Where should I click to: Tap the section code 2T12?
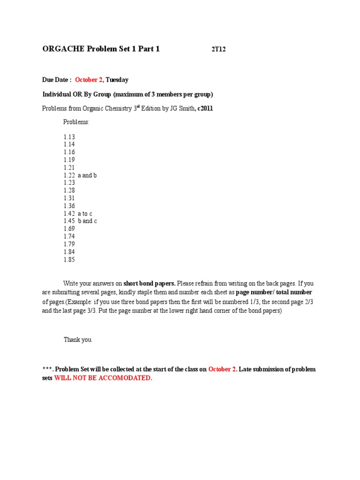218,49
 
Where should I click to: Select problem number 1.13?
69,137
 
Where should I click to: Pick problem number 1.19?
69,160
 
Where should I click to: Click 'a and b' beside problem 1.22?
87,175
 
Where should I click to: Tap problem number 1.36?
69,206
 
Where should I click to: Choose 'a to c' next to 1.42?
85,213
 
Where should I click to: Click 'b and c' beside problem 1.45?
87,221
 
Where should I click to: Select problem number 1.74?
69,236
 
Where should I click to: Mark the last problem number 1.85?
69,259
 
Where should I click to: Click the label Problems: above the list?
76,122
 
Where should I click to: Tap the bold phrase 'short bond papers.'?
150,283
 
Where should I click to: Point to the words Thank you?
78,340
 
